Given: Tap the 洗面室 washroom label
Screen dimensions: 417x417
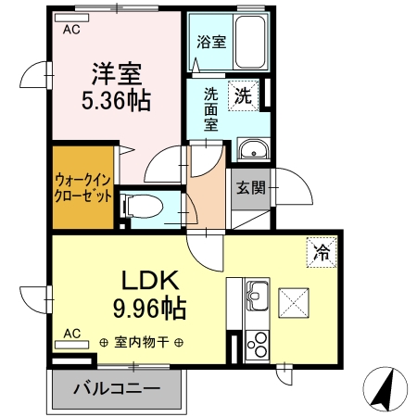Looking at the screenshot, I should point(211,108).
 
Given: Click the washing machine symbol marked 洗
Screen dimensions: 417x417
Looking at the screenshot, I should point(243,94).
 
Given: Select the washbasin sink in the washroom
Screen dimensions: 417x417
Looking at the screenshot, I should point(252,151).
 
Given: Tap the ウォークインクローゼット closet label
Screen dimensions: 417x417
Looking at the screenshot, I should point(84,188).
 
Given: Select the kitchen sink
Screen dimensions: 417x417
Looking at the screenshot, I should point(257,300).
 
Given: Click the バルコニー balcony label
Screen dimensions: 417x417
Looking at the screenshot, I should point(118,387).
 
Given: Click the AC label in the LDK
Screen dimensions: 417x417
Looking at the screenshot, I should point(70,331).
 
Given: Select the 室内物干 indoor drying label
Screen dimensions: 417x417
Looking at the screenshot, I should point(141,342).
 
